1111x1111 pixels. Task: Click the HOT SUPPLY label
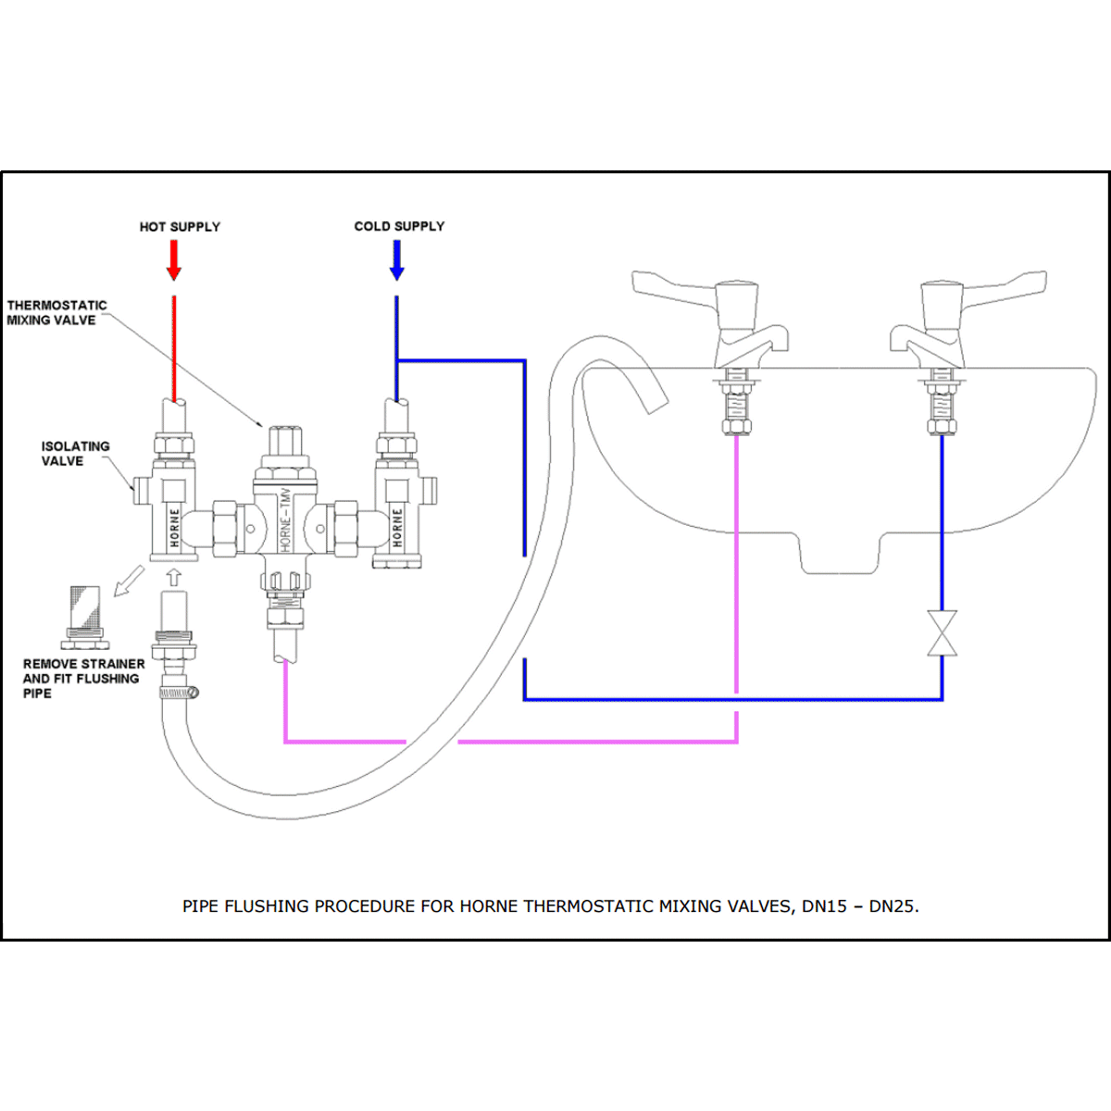180,227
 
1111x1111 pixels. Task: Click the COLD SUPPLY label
399,226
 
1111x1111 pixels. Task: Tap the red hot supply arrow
174,260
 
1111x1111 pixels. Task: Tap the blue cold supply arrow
396,260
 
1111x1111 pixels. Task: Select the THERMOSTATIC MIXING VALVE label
56,313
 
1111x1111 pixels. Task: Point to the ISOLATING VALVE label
75,453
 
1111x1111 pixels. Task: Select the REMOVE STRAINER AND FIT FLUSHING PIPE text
83,678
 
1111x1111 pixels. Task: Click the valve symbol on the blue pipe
942,633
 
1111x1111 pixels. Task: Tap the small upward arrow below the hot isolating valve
174,577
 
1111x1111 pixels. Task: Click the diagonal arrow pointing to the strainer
129,580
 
